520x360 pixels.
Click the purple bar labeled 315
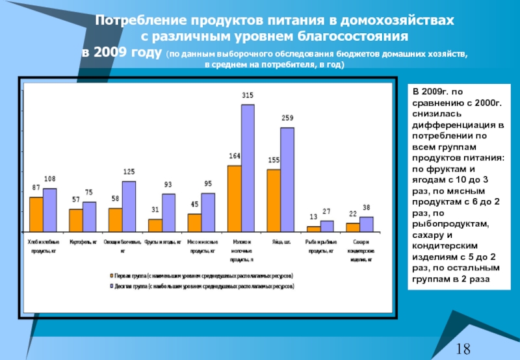[x=248, y=168]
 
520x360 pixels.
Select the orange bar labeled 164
[x=234, y=198]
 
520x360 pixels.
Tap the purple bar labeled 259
[x=287, y=179]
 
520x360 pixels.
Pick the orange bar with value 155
[x=274, y=200]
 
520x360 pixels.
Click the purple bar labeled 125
[x=129, y=206]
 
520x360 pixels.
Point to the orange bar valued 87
[x=36, y=214]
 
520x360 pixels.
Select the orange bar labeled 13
[x=313, y=228]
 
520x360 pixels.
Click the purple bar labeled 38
[x=366, y=224]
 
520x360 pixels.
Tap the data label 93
[x=168, y=185]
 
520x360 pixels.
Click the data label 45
[x=194, y=205]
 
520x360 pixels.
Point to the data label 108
[x=49, y=179]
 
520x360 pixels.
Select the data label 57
[x=76, y=200]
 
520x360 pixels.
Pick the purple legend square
[x=112, y=285]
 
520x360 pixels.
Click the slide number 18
[x=463, y=349]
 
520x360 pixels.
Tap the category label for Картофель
[x=83, y=240]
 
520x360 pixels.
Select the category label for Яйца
[x=280, y=240]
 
